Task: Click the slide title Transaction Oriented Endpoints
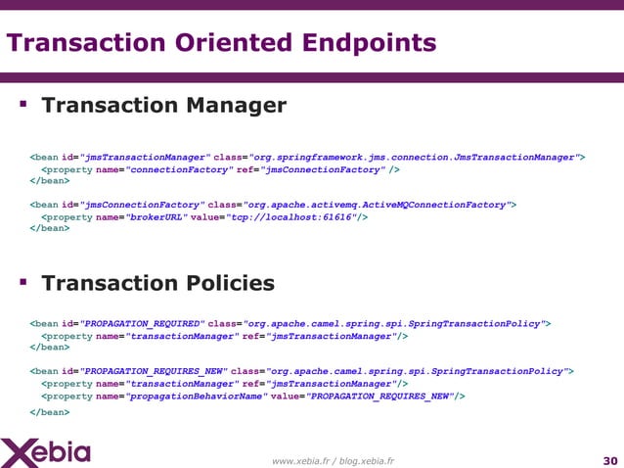222,44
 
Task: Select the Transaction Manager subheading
163,105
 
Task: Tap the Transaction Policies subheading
157,283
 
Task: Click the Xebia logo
47,452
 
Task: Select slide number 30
610,461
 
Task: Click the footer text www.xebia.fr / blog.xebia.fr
333,461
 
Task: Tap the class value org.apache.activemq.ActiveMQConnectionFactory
377,205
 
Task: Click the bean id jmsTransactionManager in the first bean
146,157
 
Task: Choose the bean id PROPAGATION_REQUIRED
143,323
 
